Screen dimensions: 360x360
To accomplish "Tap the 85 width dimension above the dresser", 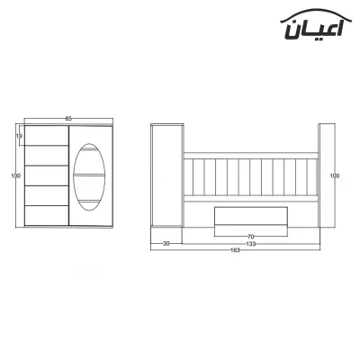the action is click(68, 119).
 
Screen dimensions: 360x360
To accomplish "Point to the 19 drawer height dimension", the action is click(19, 136).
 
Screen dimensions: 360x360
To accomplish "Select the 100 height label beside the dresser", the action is click(15, 175).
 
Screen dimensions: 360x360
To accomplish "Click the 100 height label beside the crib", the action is click(335, 175).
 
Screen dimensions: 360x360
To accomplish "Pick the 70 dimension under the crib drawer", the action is click(251, 237).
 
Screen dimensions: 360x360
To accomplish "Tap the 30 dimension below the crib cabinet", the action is click(166, 244).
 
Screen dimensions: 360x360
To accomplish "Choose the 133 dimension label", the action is click(251, 244).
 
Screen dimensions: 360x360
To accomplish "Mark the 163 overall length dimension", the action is click(235, 250).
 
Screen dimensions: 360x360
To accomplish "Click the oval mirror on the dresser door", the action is click(89, 177).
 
